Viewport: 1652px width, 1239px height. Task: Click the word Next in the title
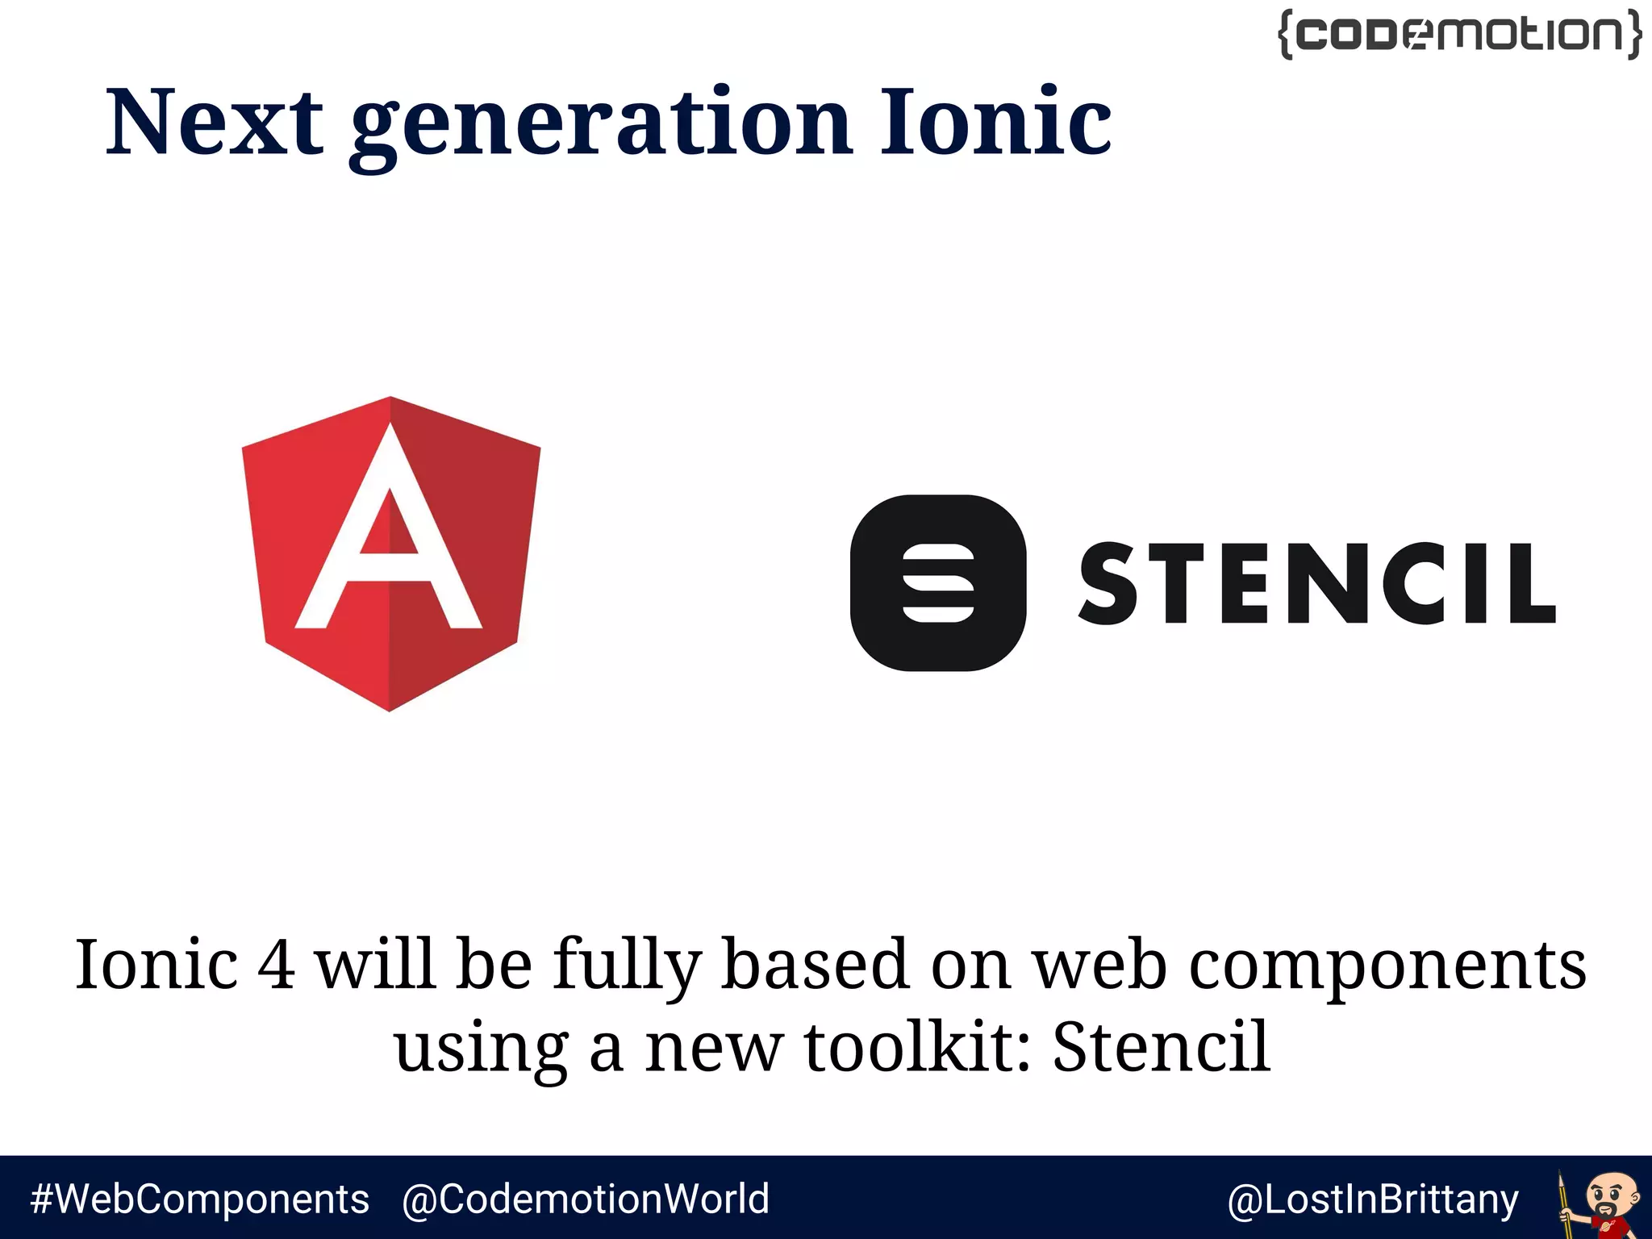pos(215,123)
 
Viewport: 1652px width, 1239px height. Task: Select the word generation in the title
pos(601,125)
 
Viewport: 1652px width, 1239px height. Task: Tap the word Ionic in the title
pos(995,123)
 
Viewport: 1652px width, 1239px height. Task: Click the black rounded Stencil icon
pos(938,582)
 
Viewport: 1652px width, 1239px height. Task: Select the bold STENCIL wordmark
pos(1316,583)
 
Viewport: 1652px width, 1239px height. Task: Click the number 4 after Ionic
pos(276,965)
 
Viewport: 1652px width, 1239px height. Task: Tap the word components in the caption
pos(1387,966)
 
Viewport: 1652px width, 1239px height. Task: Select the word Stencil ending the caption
pos(1162,1047)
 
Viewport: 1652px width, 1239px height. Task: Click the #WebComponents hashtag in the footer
pos(199,1199)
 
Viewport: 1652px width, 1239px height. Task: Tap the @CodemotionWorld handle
pos(586,1199)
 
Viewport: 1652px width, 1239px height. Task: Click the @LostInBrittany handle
pos(1372,1199)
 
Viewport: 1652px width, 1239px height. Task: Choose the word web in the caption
pos(1100,966)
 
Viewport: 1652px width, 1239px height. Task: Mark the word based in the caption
pos(815,965)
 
